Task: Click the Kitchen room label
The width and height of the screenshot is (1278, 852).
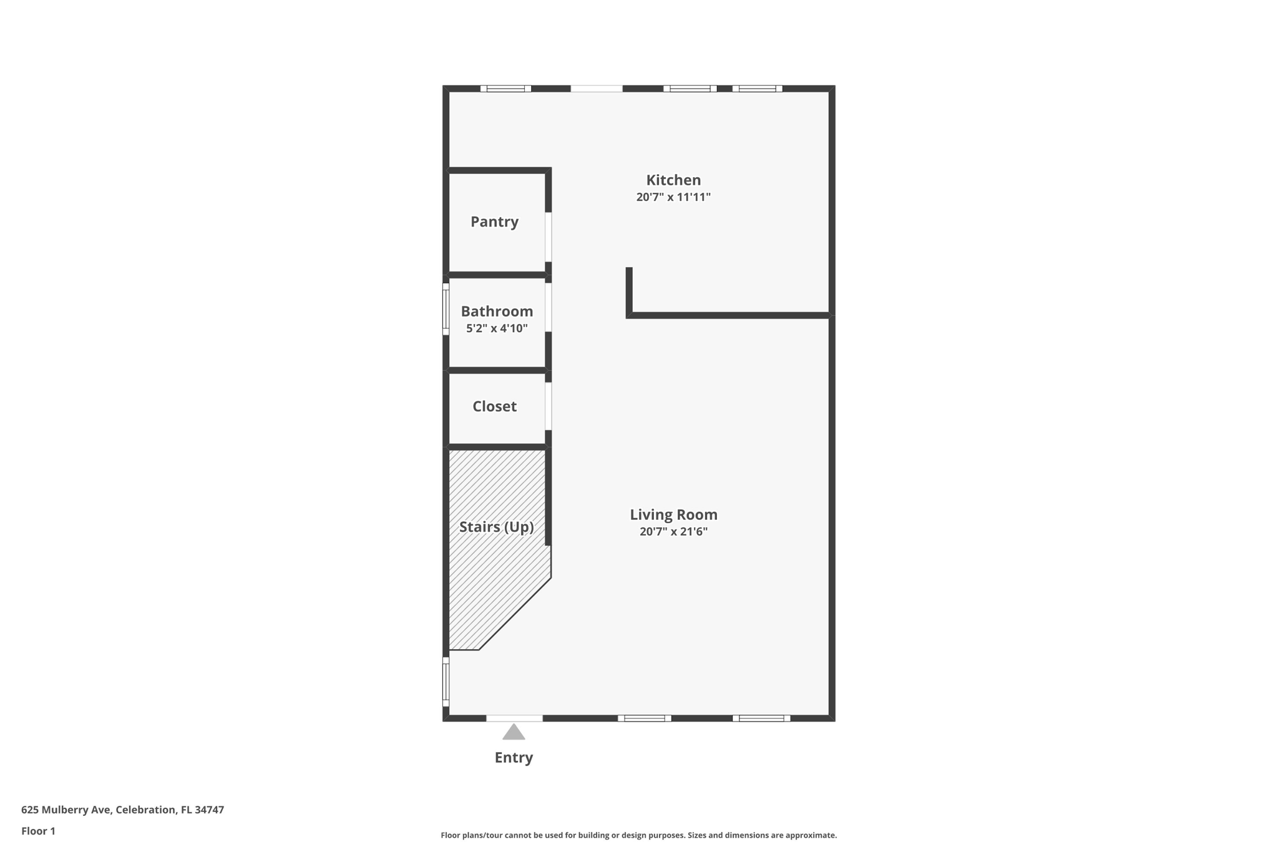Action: point(673,180)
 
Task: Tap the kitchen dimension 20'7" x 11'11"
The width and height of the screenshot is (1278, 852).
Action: point(673,197)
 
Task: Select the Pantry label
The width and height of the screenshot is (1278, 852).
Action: point(494,222)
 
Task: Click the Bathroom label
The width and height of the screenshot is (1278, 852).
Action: point(497,311)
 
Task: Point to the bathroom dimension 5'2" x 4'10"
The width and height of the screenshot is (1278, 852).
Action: point(497,328)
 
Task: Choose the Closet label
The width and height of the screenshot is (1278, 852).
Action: point(494,406)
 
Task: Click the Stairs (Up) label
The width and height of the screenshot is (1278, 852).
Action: point(496,527)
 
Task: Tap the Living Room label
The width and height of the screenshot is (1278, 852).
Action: point(673,515)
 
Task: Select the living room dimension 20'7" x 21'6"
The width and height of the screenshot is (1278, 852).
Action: point(673,532)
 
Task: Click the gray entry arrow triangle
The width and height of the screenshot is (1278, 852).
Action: point(514,733)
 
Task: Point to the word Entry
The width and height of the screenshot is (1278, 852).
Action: point(514,758)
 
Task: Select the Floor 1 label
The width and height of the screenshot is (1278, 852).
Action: point(38,831)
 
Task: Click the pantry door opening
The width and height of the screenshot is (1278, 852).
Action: point(549,237)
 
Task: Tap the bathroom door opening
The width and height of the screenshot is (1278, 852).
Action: point(549,307)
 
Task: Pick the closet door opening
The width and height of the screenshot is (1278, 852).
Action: point(549,406)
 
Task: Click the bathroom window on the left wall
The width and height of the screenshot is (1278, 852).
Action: point(446,309)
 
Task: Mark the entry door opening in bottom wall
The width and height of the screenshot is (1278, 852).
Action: point(514,718)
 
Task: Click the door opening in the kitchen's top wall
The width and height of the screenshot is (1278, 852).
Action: point(597,89)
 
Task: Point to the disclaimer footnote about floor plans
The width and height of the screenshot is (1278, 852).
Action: point(638,835)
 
